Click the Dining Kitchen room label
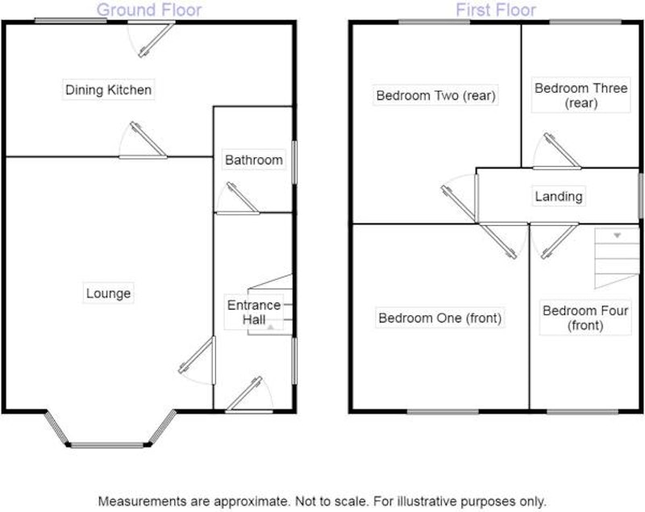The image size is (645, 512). click(x=109, y=89)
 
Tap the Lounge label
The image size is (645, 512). click(x=109, y=293)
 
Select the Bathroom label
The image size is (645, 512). click(x=254, y=160)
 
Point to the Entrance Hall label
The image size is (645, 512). click(x=254, y=312)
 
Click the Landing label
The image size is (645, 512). click(x=559, y=196)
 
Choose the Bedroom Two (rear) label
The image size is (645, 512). click(x=435, y=95)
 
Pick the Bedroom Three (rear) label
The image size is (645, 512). click(x=580, y=95)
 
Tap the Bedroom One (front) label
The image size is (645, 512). click(x=439, y=318)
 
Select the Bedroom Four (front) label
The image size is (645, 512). click(x=585, y=318)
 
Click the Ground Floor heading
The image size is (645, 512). click(x=149, y=10)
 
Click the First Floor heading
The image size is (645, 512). click(x=496, y=10)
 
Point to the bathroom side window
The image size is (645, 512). click(x=294, y=162)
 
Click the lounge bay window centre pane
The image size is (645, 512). click(x=108, y=444)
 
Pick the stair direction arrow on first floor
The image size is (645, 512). click(x=617, y=235)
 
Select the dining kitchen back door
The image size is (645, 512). click(x=156, y=40)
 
